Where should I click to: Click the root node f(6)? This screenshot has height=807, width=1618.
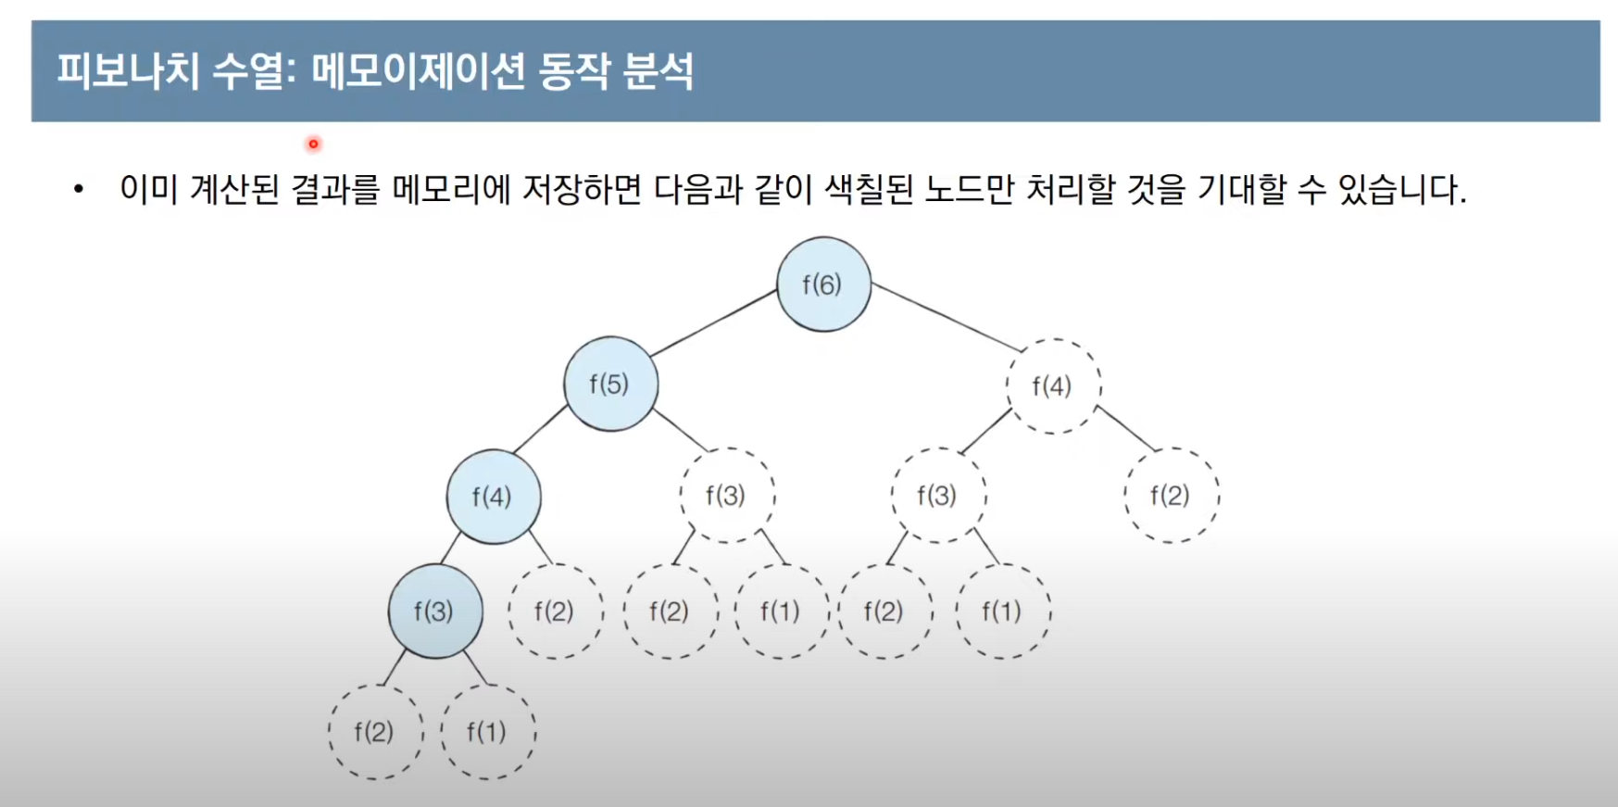coord(823,284)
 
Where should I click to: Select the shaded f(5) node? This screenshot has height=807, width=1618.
coord(610,384)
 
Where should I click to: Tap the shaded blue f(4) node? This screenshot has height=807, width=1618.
coord(493,497)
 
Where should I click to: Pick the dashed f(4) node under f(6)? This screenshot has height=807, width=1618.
coord(1053,385)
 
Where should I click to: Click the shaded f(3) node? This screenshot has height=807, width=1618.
coord(434,612)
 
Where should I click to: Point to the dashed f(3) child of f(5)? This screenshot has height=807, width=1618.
coord(726,496)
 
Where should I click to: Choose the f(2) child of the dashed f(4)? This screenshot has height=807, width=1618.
coord(1171,496)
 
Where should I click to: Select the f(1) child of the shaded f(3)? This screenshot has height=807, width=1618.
coord(487,732)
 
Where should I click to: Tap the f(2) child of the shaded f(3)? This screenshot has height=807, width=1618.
coord(374,732)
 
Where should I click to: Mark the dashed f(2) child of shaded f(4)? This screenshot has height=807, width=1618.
coord(555,612)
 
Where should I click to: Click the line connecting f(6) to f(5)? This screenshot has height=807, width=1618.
coord(714,322)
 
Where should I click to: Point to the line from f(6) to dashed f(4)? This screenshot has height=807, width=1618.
coord(947,318)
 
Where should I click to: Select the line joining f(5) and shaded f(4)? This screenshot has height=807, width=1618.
coord(540,429)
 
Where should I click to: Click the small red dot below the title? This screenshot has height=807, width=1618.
coord(313,144)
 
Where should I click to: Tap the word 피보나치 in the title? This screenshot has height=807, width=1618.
coord(128,71)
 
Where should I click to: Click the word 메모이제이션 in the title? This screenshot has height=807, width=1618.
coord(418,71)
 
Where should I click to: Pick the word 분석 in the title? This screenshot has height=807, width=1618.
coord(658,71)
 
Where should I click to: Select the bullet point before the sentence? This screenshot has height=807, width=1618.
coord(79,190)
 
